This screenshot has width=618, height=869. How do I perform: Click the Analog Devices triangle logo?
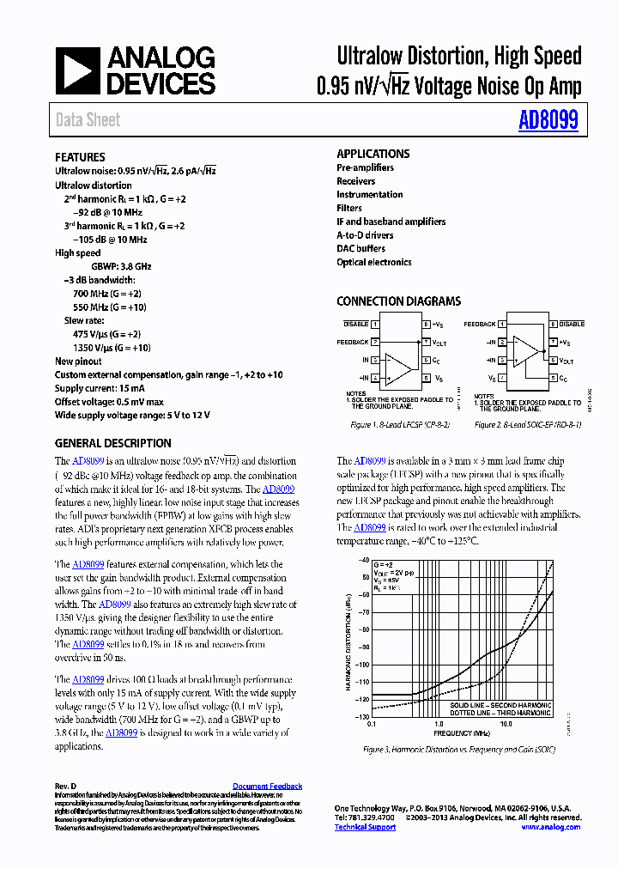click(x=78, y=70)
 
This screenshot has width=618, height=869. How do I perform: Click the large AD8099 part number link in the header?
click(x=548, y=119)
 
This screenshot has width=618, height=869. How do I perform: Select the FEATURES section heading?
click(x=80, y=157)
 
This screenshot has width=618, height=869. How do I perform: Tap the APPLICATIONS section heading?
click(x=373, y=154)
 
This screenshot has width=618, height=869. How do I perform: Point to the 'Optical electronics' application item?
click(x=373, y=263)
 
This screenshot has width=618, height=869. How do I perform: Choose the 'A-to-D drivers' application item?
click(x=365, y=235)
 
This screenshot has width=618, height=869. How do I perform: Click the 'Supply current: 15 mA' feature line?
click(x=100, y=388)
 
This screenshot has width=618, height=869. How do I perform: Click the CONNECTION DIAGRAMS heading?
click(x=398, y=301)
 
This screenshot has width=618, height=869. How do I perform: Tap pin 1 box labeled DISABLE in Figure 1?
click(x=375, y=325)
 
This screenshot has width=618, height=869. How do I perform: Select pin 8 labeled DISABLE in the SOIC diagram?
click(x=554, y=325)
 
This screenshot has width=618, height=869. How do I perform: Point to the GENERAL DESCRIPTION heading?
click(x=112, y=443)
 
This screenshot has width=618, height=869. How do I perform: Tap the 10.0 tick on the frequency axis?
click(x=506, y=724)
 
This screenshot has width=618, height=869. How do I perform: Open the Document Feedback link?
click(x=267, y=787)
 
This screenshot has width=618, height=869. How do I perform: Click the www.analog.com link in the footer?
click(x=550, y=827)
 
